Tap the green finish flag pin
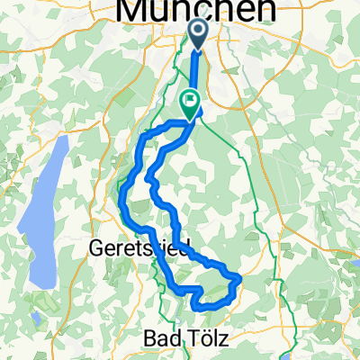point(190,102)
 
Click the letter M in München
point(135,10)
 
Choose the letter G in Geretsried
point(101,247)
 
